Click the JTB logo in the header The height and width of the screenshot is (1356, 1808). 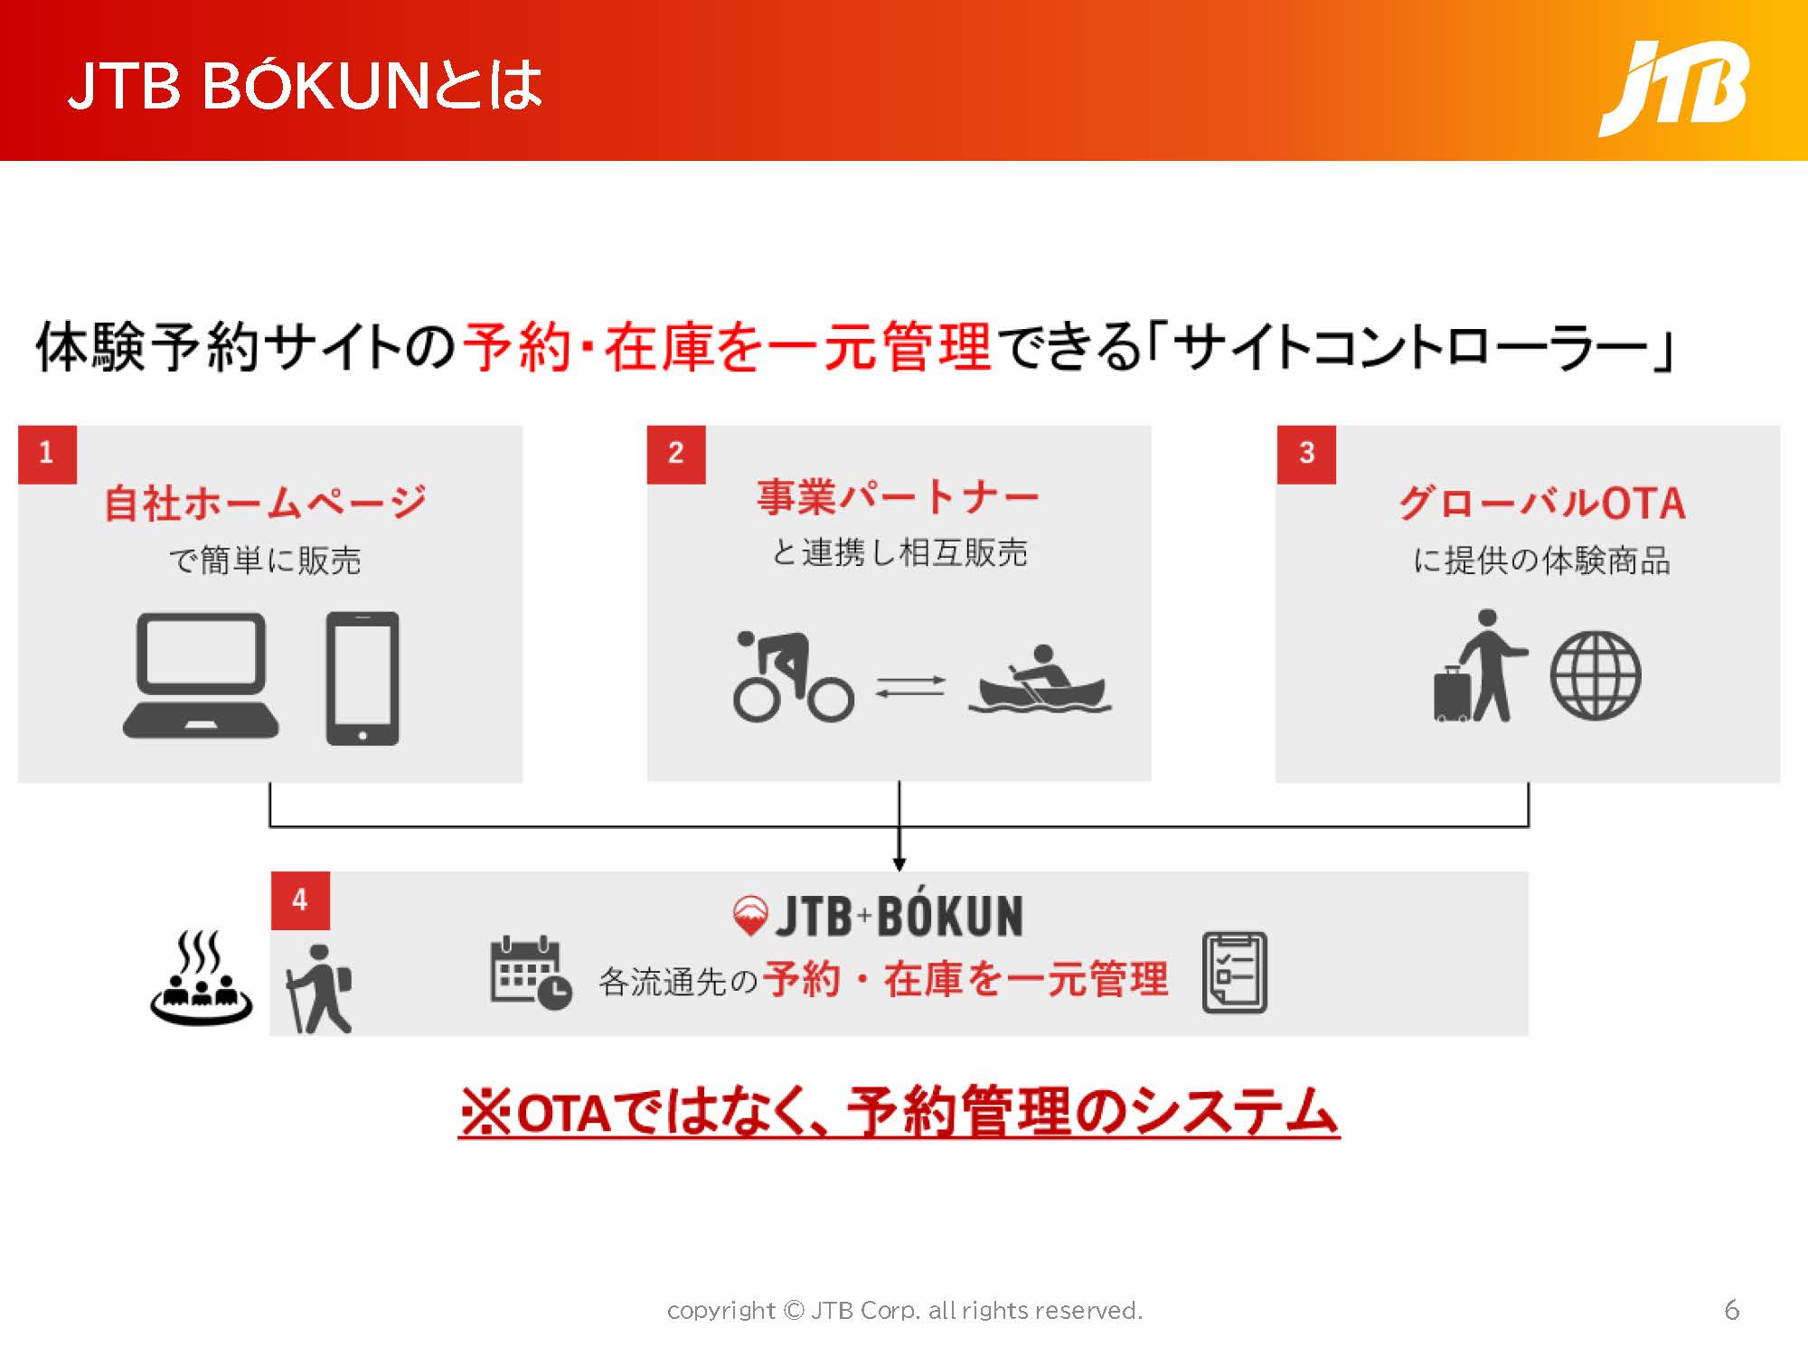pos(1674,89)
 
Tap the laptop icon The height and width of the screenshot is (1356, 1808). pos(201,675)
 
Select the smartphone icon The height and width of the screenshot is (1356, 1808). pos(362,678)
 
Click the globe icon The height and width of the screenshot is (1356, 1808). pos(1596,675)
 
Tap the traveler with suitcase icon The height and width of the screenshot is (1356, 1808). pos(1481,666)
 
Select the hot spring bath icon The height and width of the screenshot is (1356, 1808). pos(201,978)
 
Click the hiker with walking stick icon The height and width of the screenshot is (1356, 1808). pos(318,989)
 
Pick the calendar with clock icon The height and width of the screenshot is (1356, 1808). pos(531,973)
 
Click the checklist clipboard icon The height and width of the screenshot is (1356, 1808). pos(1235,973)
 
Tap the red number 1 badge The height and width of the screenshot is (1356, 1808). pos(47,454)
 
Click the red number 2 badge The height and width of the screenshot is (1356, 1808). pos(676,454)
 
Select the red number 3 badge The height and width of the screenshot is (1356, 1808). pos(1306,454)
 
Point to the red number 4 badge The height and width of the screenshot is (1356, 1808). pos(300,900)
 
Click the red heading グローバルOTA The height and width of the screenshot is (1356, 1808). pos(1542,504)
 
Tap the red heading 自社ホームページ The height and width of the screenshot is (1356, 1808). pos(266,503)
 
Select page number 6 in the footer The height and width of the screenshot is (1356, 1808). pos(1732,1310)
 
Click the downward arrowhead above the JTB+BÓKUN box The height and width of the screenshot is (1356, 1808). pos(899,864)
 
